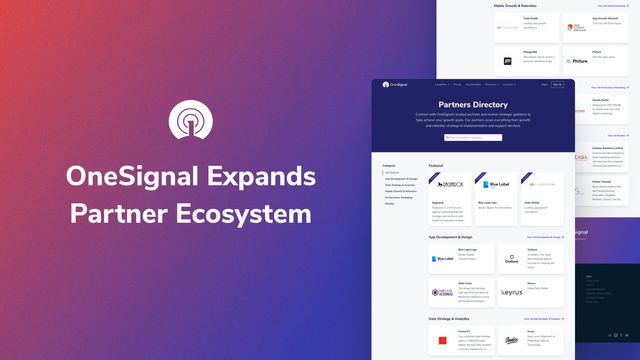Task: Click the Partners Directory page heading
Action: tap(473, 104)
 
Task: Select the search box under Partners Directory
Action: tap(473, 137)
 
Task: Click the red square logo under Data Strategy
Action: tap(441, 342)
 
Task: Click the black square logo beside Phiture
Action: tap(508, 61)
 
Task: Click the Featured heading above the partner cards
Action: tap(436, 165)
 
